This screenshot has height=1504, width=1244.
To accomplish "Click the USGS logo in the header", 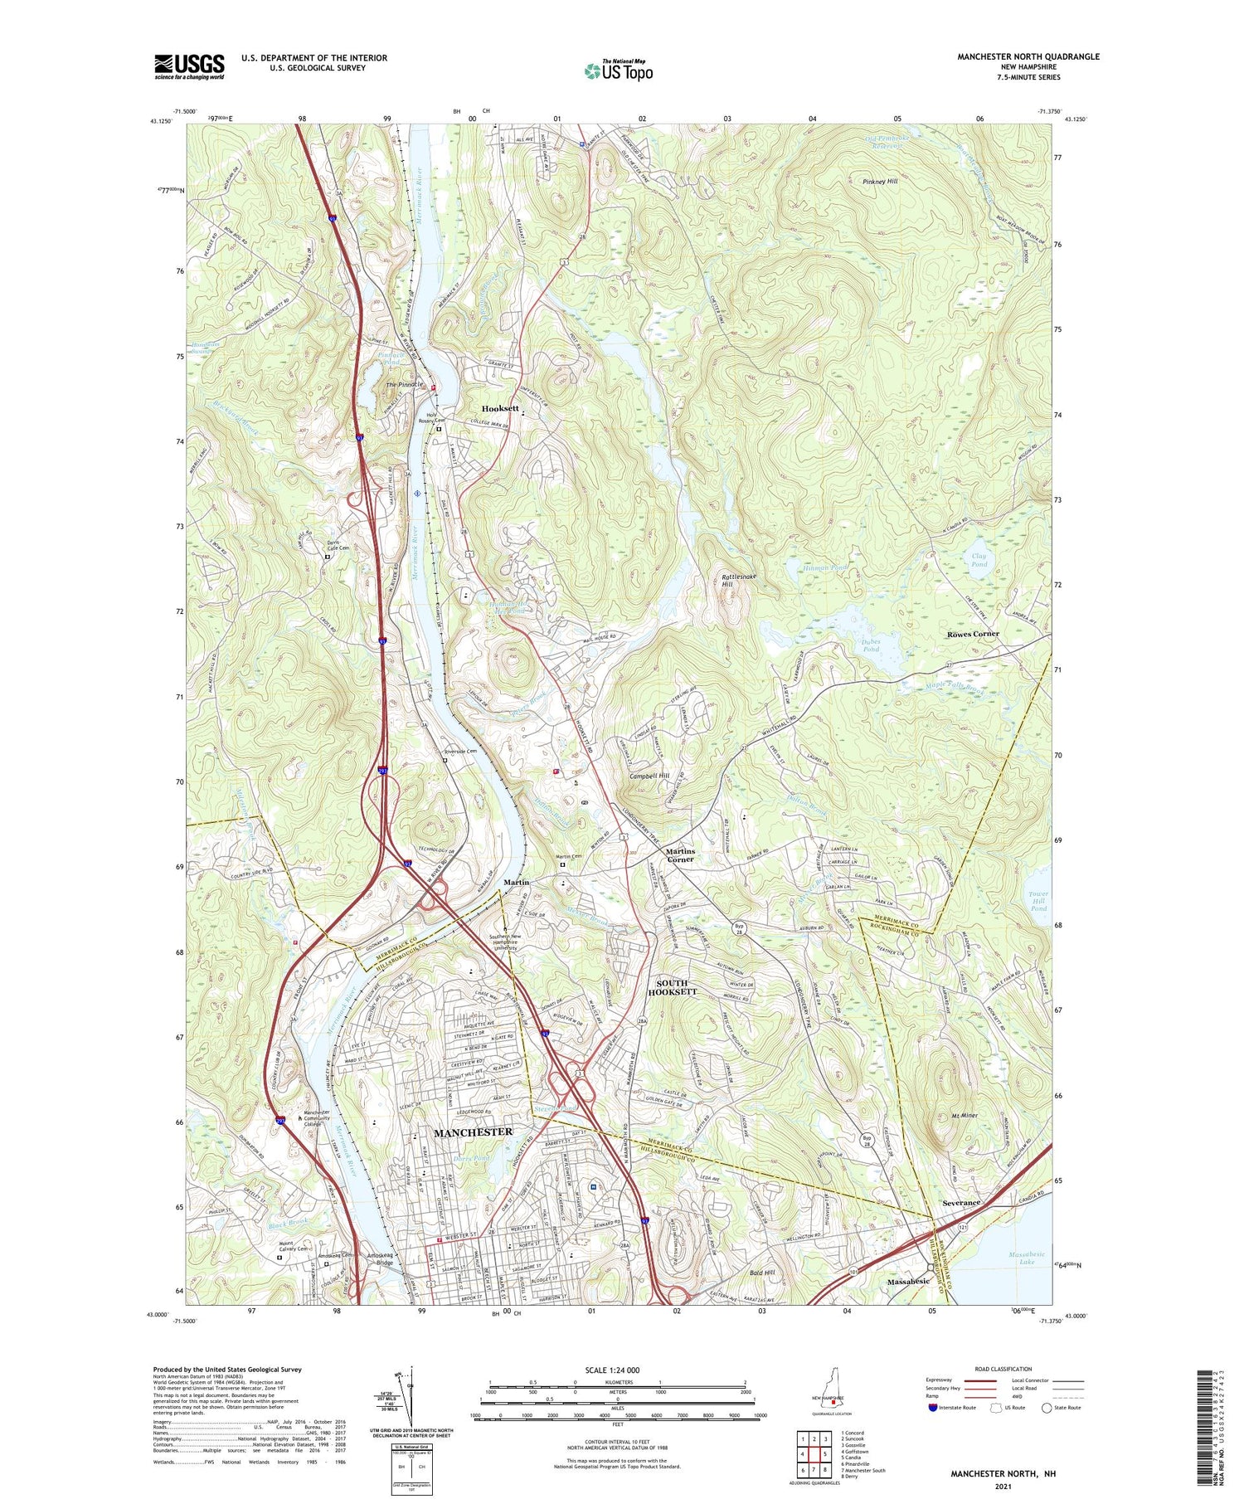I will click(189, 66).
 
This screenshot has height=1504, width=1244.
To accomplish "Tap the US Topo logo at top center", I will click(618, 71).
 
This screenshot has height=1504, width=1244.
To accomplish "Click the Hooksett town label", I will click(500, 409).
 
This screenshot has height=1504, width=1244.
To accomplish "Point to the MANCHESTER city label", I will click(473, 1132).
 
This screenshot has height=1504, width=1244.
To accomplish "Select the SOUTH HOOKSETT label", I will click(672, 987).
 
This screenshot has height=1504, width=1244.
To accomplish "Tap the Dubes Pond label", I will click(870, 645).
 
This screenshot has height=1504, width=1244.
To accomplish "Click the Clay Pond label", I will click(979, 560).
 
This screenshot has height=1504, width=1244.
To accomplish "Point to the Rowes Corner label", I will click(973, 634).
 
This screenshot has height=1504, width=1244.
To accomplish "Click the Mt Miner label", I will click(962, 1116).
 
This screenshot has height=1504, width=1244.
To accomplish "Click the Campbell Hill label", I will click(649, 776).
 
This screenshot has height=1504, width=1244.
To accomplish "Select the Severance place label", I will click(961, 1202).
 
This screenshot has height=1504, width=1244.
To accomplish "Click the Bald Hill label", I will click(761, 1272).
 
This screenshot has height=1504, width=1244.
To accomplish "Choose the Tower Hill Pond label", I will click(1038, 902).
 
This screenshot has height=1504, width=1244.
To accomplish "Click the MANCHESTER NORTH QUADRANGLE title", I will click(1028, 56).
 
